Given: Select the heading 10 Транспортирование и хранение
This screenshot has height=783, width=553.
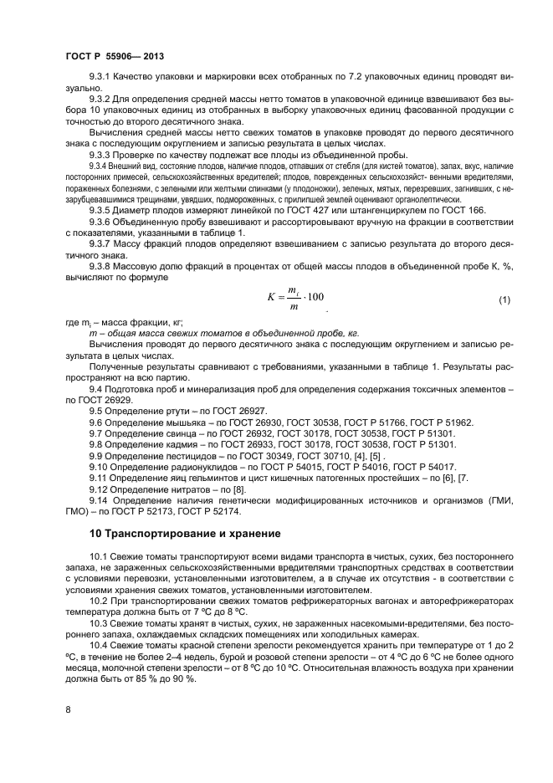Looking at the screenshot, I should (185, 533).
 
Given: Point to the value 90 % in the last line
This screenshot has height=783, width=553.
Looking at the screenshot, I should (181, 678).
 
